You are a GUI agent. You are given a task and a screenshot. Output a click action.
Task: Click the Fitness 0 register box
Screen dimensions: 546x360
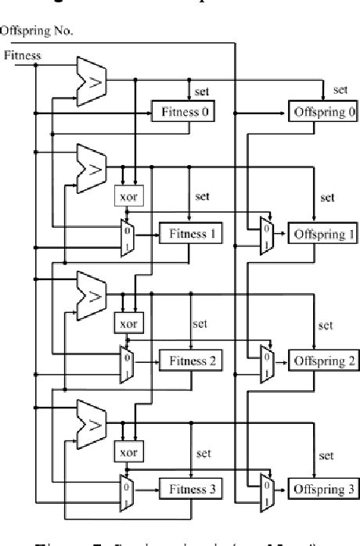[x=185, y=111]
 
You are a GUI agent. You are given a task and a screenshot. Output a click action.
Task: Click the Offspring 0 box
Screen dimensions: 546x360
[x=324, y=111]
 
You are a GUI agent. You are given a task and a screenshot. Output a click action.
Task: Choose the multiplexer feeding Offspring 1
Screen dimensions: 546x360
[x=265, y=234]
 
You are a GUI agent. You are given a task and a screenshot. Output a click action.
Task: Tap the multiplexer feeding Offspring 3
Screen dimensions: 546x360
[x=265, y=490]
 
